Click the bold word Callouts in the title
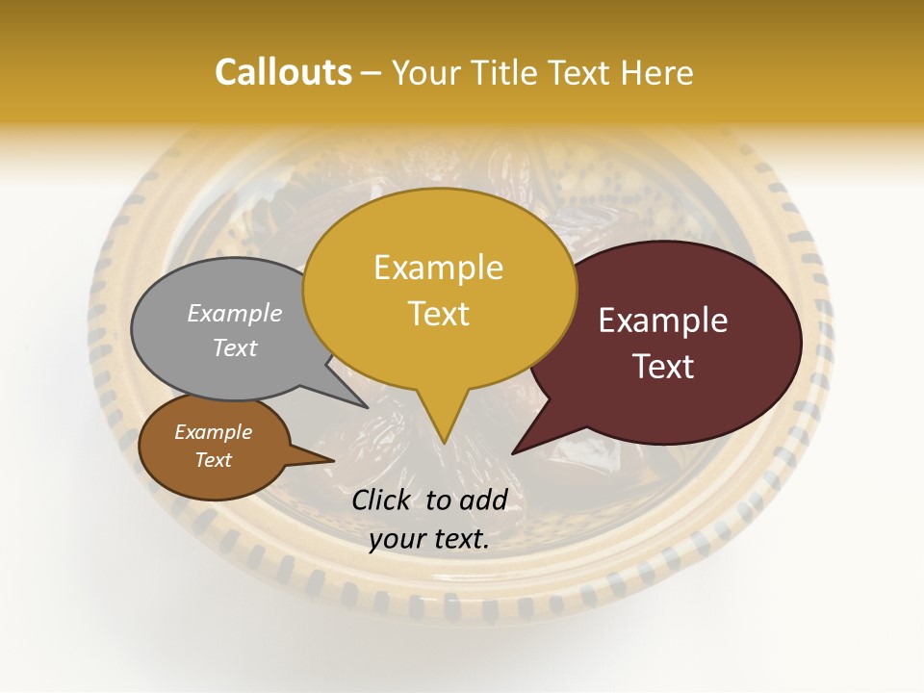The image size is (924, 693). (283, 72)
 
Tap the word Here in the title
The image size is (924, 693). (658, 72)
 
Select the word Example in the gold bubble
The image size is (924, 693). (438, 268)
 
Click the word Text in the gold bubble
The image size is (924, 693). (438, 314)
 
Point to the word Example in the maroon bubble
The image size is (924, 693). (663, 321)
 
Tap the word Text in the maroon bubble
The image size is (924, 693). (663, 367)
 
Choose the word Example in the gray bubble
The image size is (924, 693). (234, 314)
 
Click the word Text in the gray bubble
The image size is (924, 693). (234, 348)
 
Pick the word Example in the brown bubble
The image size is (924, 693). (213, 432)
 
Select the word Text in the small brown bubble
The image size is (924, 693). (213, 460)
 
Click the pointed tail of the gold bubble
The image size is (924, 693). (443, 438)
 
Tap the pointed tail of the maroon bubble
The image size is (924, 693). (516, 449)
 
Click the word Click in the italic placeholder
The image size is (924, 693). (383, 500)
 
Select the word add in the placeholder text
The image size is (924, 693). (482, 500)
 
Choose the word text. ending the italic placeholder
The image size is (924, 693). (460, 540)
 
